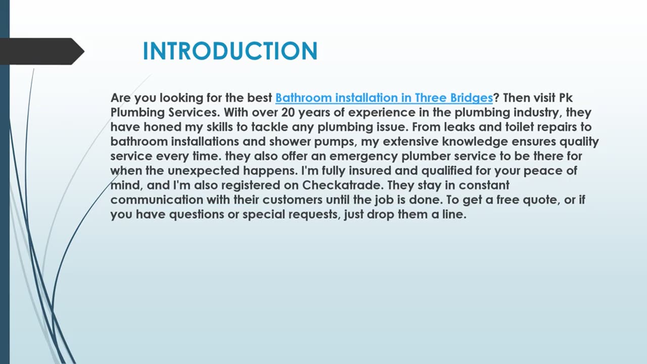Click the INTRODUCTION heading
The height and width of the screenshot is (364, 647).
pyautogui.click(x=230, y=51)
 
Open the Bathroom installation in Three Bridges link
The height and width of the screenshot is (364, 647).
pyautogui.click(x=384, y=98)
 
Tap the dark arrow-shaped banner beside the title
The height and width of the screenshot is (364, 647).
pyautogui.click(x=42, y=52)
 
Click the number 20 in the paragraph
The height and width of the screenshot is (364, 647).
pyautogui.click(x=288, y=112)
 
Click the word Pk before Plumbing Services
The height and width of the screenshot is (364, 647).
pyautogui.click(x=566, y=98)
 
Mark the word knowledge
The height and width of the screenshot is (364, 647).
pyautogui.click(x=475, y=142)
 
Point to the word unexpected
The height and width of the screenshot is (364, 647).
pyautogui.click(x=203, y=171)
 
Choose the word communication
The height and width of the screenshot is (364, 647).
pyautogui.click(x=157, y=200)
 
